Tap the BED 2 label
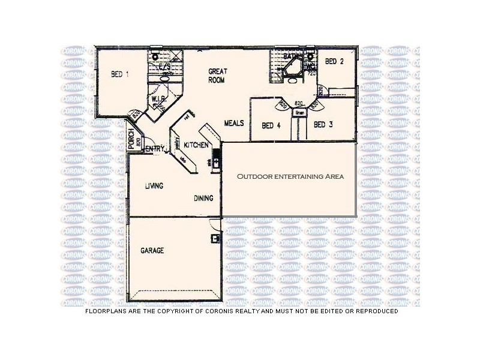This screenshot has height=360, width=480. [x=334, y=61]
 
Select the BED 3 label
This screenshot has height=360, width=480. [x=323, y=124]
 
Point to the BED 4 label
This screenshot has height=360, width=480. [x=271, y=125]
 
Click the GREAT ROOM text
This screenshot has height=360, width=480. [x=217, y=75]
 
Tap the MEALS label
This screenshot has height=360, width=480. [x=234, y=123]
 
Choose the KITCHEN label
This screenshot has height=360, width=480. [x=196, y=145]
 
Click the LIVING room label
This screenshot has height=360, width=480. [x=154, y=186]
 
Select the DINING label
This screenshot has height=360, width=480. [x=204, y=198]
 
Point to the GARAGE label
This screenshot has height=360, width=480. [x=152, y=251]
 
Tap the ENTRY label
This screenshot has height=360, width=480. [x=155, y=148]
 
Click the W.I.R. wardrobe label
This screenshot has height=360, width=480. [x=158, y=99]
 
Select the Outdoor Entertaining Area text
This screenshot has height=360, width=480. [x=290, y=177]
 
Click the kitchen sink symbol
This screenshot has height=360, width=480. [x=217, y=161]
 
